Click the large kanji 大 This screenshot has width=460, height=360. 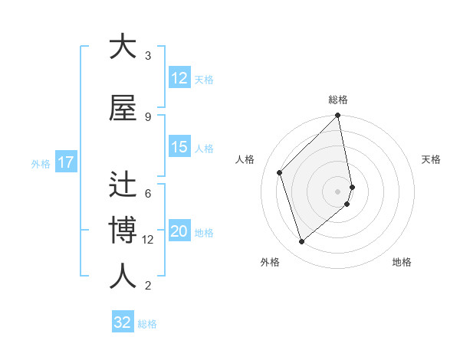tap(123, 47)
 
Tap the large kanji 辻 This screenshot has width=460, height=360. tap(123, 185)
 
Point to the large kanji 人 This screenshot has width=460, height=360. tap(123, 277)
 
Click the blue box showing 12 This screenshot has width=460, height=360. tap(179, 78)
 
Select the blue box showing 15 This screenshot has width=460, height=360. tap(179, 147)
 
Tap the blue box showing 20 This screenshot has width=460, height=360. tap(179, 232)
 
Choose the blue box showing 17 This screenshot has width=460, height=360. tap(65, 162)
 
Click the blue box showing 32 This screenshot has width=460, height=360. tap(123, 322)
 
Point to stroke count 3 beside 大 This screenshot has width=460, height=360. tap(148, 56)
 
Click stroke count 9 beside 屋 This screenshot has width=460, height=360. tap(148, 116)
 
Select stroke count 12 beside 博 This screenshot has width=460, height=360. tap(148, 240)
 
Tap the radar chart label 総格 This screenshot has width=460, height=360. tap(338, 100)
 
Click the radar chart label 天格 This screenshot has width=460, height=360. tap(431, 159)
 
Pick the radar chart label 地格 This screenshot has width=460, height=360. tap(402, 262)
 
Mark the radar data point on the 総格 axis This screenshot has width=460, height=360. tap(338, 116)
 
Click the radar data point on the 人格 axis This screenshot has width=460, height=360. tap(280, 172)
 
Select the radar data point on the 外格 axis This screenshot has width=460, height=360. tap(301, 241)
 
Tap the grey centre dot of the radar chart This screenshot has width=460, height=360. tap(338, 191)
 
